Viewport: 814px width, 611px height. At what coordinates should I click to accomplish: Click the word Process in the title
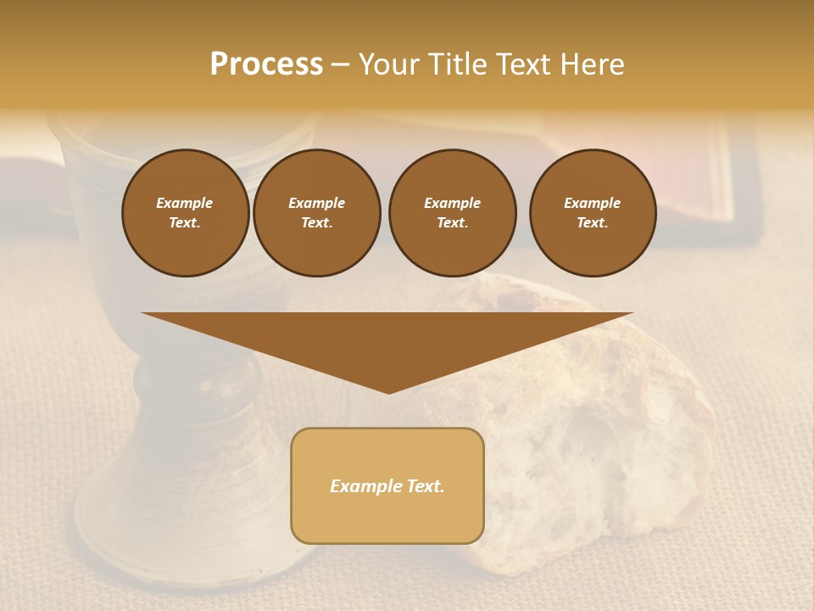266,64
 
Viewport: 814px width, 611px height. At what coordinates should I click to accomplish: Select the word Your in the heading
388,64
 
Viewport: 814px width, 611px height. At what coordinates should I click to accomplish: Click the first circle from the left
185,212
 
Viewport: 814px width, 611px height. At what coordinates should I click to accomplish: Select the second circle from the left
316,212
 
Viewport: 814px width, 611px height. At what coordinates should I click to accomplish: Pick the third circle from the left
452,212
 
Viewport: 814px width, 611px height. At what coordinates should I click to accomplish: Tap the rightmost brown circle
592,212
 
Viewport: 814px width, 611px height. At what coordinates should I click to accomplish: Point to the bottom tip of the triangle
388,392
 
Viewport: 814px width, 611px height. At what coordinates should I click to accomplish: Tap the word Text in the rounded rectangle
426,486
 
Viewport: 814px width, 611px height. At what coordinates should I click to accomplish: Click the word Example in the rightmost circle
592,203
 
